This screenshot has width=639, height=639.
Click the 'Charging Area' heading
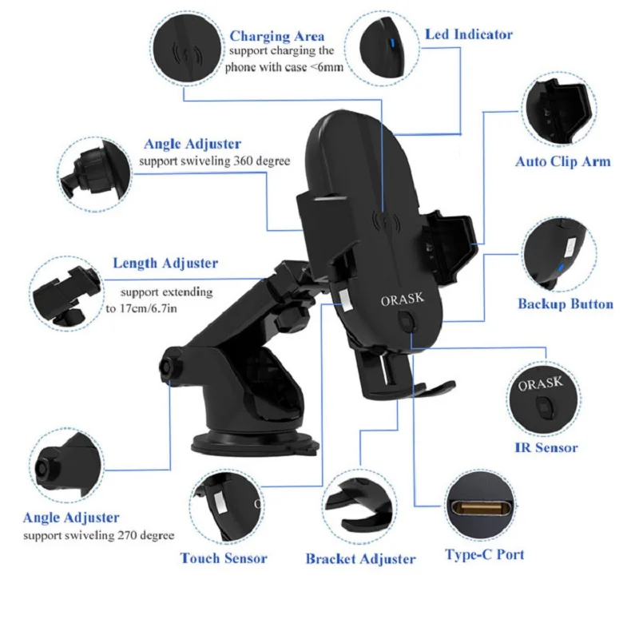point(277,36)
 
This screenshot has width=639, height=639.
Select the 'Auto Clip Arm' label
point(562,161)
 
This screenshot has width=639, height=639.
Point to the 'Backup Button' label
point(565,304)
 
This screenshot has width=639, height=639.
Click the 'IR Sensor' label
point(546,448)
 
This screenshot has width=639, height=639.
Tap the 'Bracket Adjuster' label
point(360,559)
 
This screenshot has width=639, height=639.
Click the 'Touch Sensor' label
point(223,558)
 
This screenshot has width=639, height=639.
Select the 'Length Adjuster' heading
point(165,263)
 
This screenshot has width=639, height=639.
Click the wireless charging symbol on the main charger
point(387,221)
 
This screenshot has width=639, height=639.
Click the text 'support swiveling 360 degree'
point(214,161)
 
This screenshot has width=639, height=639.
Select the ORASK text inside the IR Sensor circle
point(540,384)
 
